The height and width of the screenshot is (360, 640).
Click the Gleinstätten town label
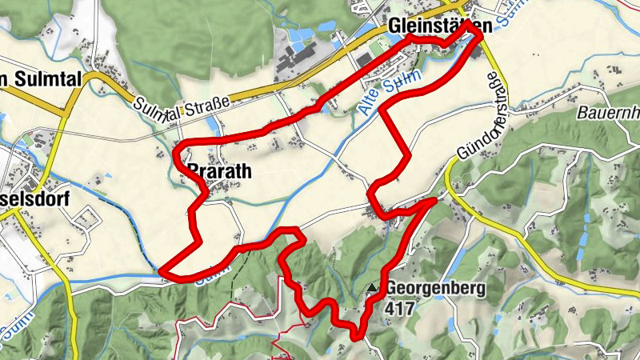438,26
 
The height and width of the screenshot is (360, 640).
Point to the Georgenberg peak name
434,290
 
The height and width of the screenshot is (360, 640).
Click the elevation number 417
399,306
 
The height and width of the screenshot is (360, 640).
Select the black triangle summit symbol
371,289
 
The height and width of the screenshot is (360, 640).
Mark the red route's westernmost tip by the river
162,272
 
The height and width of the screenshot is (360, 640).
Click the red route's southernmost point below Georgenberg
357,337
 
